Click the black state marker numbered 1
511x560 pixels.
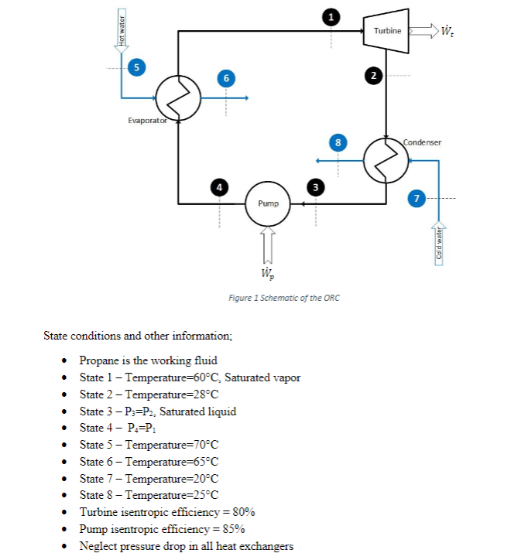point(331,16)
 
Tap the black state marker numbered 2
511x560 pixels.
point(374,75)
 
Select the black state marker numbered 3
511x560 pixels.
point(315,186)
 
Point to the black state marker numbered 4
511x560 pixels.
point(220,186)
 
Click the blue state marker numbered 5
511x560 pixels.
point(136,67)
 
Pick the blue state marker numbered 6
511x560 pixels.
point(225,78)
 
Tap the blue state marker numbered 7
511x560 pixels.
point(417,199)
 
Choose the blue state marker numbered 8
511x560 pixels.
point(336,142)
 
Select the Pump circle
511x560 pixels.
point(267,203)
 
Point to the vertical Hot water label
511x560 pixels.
point(121,30)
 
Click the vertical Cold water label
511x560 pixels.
point(439,244)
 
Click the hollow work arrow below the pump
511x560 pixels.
point(267,244)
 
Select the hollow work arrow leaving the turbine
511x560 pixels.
point(422,31)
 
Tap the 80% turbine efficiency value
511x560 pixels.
point(244,513)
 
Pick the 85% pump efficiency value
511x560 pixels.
point(234,530)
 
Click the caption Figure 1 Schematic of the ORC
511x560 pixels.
point(284,298)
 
